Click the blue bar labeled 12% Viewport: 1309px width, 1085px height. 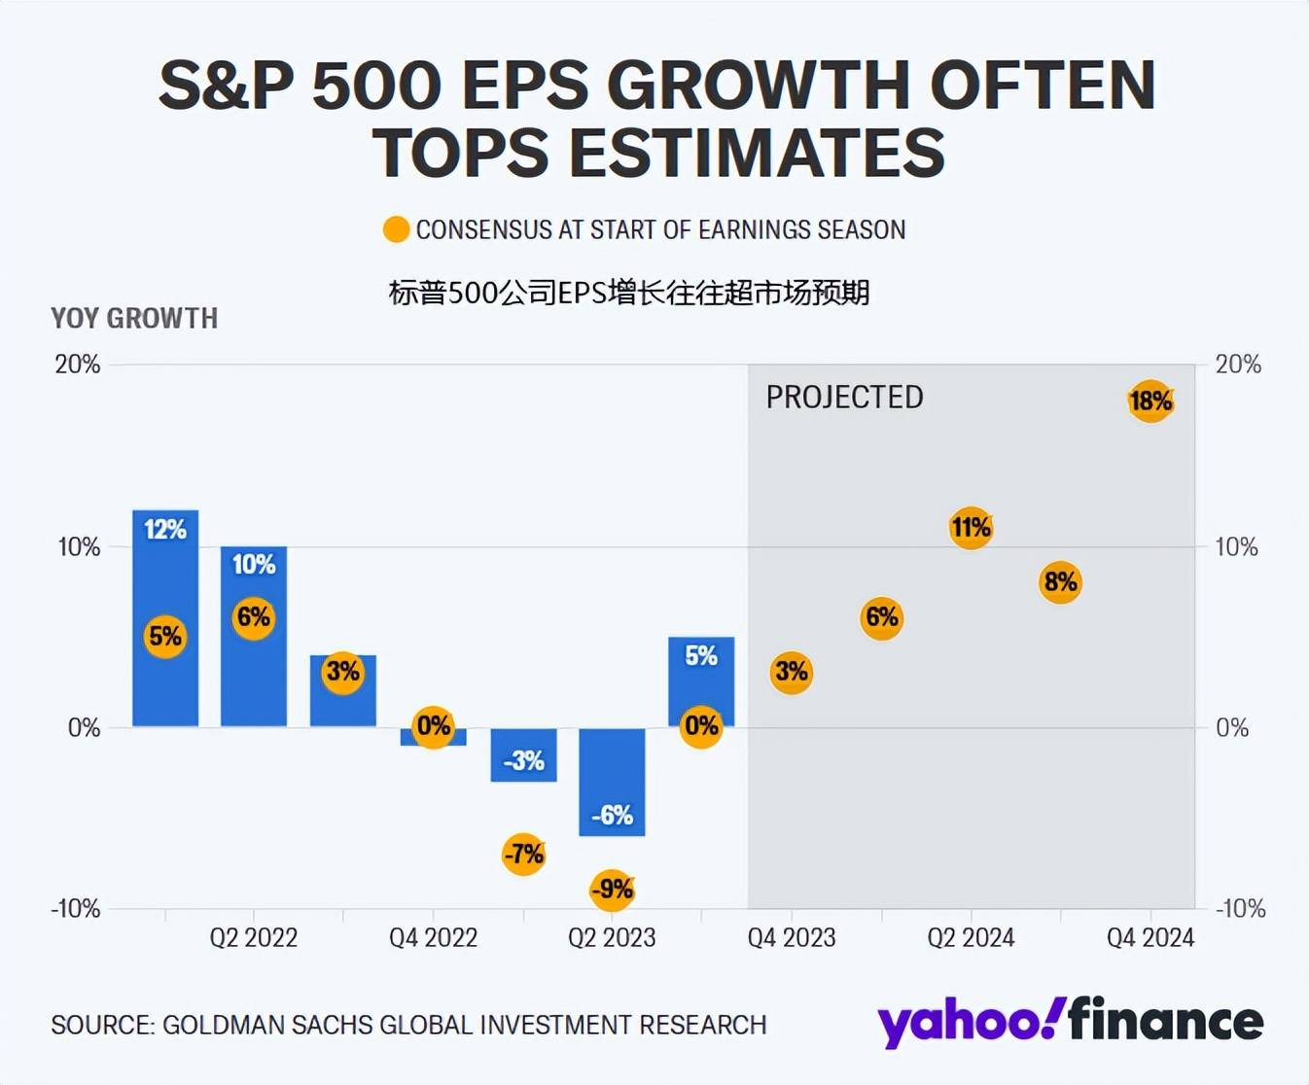(165, 583)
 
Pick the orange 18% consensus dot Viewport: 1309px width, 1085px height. (1150, 401)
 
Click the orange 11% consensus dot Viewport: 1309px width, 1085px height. (971, 528)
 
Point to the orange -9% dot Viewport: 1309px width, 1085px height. (613, 889)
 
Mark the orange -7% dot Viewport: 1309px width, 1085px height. (523, 854)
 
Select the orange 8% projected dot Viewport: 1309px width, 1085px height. (1060, 582)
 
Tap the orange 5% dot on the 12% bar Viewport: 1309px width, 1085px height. (165, 637)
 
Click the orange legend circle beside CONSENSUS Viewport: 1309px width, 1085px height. (396, 230)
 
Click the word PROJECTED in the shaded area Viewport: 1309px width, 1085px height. (844, 398)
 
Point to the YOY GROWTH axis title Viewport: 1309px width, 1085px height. (134, 319)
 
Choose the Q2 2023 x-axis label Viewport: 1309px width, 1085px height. (612, 937)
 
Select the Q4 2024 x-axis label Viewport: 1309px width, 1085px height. (1150, 937)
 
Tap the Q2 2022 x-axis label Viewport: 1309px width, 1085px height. (254, 937)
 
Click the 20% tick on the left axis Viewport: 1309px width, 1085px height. (78, 365)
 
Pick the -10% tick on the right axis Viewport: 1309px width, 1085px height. (1240, 909)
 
